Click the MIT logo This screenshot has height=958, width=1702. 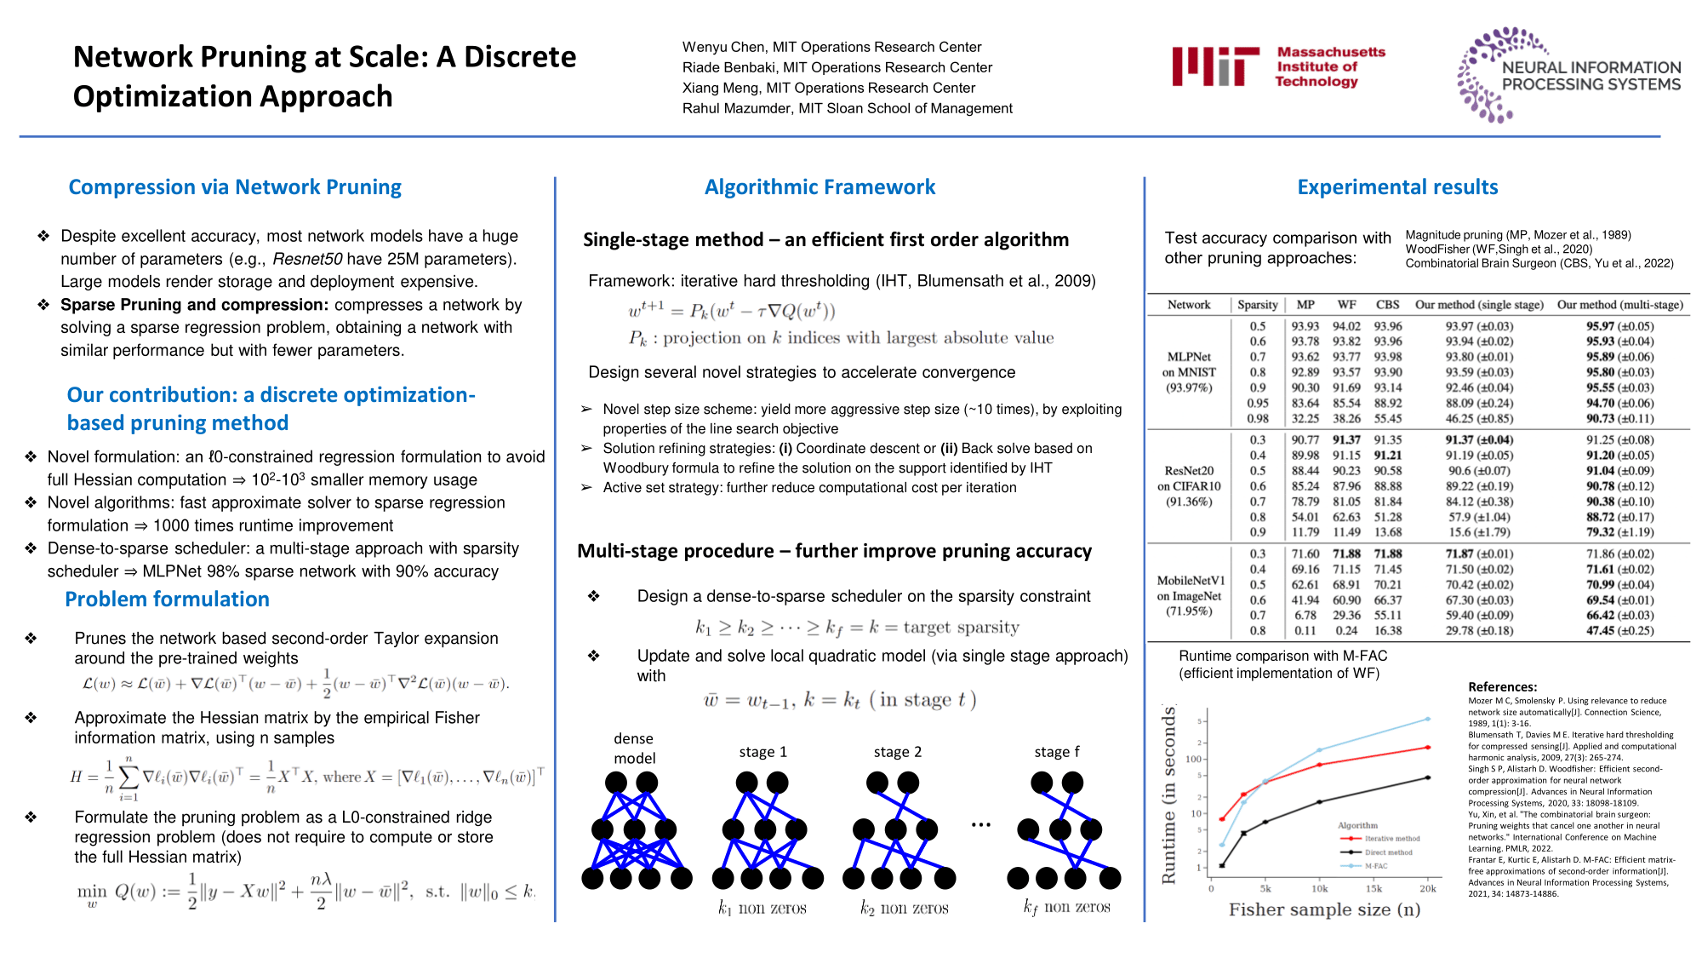tap(1215, 66)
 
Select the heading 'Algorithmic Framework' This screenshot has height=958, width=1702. tap(820, 187)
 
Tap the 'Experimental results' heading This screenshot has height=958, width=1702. tap(1397, 187)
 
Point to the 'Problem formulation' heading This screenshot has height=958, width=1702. tap(167, 599)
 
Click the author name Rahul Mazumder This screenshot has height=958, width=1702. tap(737, 108)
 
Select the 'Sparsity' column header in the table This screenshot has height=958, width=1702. tap(1257, 305)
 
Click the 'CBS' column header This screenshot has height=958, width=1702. tap(1387, 305)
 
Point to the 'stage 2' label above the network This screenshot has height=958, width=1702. tap(897, 752)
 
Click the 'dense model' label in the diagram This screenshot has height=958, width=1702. tap(634, 749)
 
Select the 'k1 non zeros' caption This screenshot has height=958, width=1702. tap(762, 909)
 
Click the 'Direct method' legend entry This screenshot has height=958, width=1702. tap(1388, 852)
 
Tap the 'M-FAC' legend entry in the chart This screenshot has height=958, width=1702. tap(1375, 866)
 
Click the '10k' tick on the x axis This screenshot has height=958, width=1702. tap(1319, 889)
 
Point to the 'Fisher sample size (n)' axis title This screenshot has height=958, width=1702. tap(1324, 910)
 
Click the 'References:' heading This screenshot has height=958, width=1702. tap(1502, 687)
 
